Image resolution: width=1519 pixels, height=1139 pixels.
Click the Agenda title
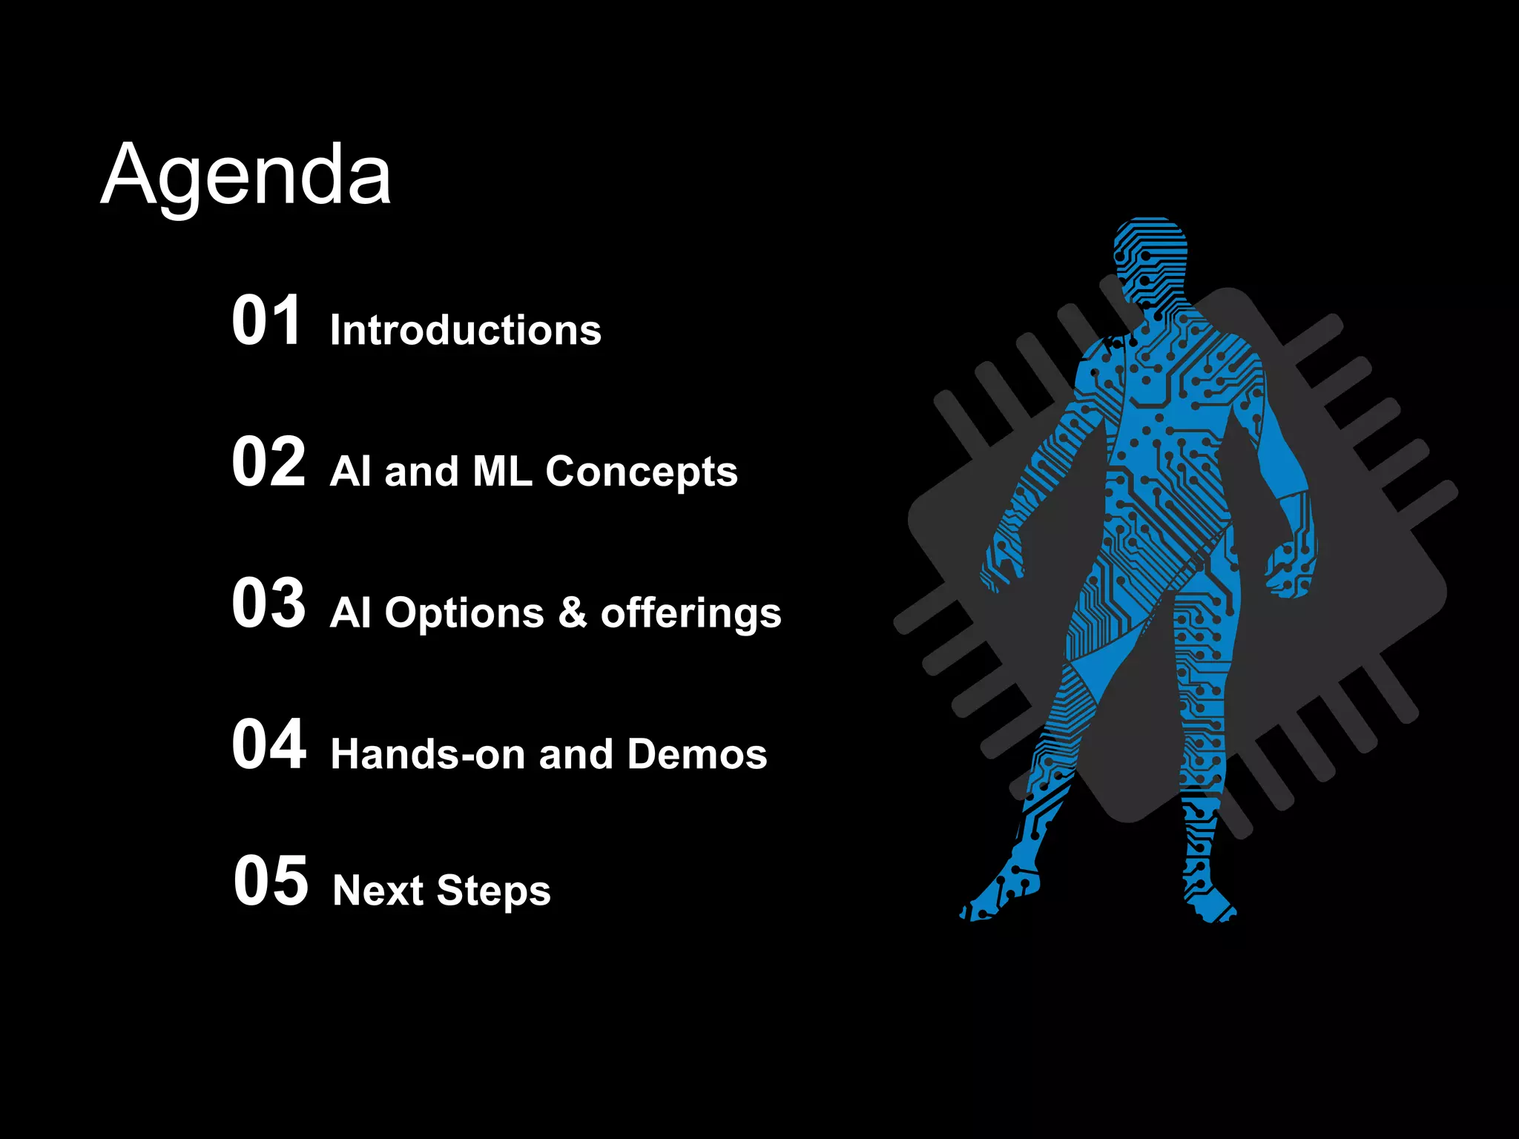(246, 176)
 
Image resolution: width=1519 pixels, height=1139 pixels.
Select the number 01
(267, 320)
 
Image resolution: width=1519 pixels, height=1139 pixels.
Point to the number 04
(268, 745)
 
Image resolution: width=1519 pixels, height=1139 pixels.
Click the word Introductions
(466, 330)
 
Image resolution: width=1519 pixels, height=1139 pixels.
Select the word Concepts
(642, 472)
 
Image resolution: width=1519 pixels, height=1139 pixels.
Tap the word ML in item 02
(502, 472)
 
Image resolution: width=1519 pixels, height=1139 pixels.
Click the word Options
(464, 614)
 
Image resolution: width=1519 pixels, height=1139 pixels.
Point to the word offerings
(691, 614)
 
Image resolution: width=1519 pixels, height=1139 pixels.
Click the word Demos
(696, 754)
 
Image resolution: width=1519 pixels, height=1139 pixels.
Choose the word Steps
(493, 891)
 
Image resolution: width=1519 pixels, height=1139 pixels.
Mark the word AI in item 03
(350, 613)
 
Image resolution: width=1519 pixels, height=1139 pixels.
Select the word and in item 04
(576, 754)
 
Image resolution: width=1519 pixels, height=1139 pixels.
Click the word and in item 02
(421, 472)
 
